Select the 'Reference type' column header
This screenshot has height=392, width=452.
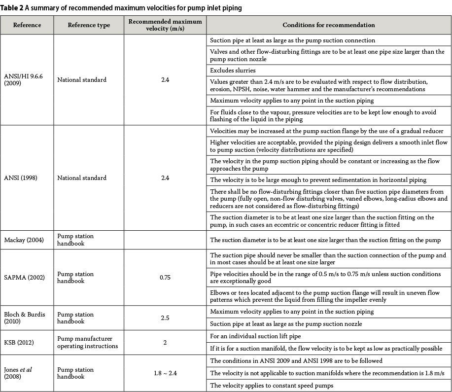[x=89, y=25]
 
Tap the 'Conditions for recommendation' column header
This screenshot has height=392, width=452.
[x=328, y=25]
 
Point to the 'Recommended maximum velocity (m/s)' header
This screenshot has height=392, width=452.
[x=165, y=25]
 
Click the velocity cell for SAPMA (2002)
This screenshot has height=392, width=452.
[x=165, y=278]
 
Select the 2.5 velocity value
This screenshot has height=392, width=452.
[x=165, y=318]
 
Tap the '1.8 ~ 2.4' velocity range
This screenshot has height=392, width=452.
[x=165, y=373]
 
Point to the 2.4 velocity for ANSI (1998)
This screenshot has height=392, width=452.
[x=165, y=178]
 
